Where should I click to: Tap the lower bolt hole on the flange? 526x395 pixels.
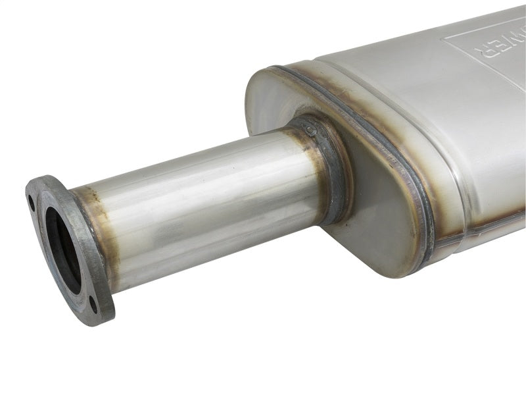[x=93, y=303]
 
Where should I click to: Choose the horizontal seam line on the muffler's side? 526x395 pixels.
[x=480, y=227]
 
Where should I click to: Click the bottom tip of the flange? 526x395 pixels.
[x=99, y=323]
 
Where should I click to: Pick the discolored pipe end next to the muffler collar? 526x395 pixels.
[x=309, y=178]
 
